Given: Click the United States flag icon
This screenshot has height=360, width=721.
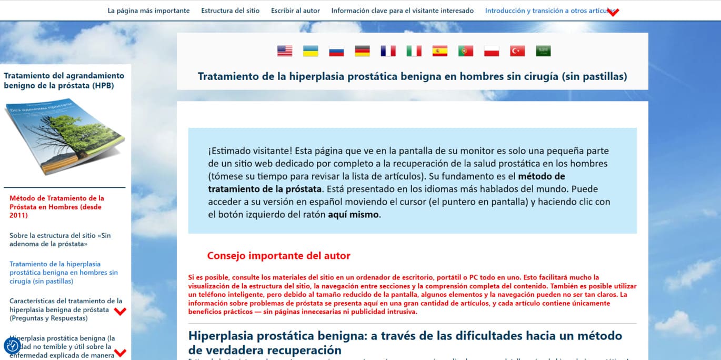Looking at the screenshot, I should coord(285,51).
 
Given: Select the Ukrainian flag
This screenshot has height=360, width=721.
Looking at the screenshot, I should coord(311,51).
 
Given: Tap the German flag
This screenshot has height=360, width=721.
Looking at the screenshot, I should coord(362,51).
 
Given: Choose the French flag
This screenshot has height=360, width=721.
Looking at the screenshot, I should coord(388,51).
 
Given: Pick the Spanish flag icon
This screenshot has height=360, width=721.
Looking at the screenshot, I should coord(439,51).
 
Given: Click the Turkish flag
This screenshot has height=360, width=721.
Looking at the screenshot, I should coord(517,51).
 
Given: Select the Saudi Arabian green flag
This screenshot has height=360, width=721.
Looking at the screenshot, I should coord(543,51).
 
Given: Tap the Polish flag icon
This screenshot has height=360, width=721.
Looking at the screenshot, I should coord(492,51).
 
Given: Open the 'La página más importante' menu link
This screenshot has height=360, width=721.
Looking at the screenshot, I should coord(148,11).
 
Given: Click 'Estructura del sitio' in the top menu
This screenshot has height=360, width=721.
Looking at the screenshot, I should coord(230,11).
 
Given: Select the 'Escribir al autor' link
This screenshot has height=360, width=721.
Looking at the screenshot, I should coord(295,11).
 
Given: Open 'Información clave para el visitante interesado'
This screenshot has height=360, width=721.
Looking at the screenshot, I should coord(402,11).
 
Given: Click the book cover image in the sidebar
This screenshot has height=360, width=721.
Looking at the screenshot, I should coord(65,135).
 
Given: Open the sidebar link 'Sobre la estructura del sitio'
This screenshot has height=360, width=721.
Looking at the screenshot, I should coord(60,239).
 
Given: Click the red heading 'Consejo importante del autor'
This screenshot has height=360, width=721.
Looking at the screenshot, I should coord(278,256).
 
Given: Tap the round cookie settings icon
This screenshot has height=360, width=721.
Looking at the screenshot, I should coord(13,346).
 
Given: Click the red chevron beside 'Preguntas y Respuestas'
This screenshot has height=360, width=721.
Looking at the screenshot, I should coord(121,311).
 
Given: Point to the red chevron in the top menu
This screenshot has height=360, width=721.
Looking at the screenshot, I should coord(613,12).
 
